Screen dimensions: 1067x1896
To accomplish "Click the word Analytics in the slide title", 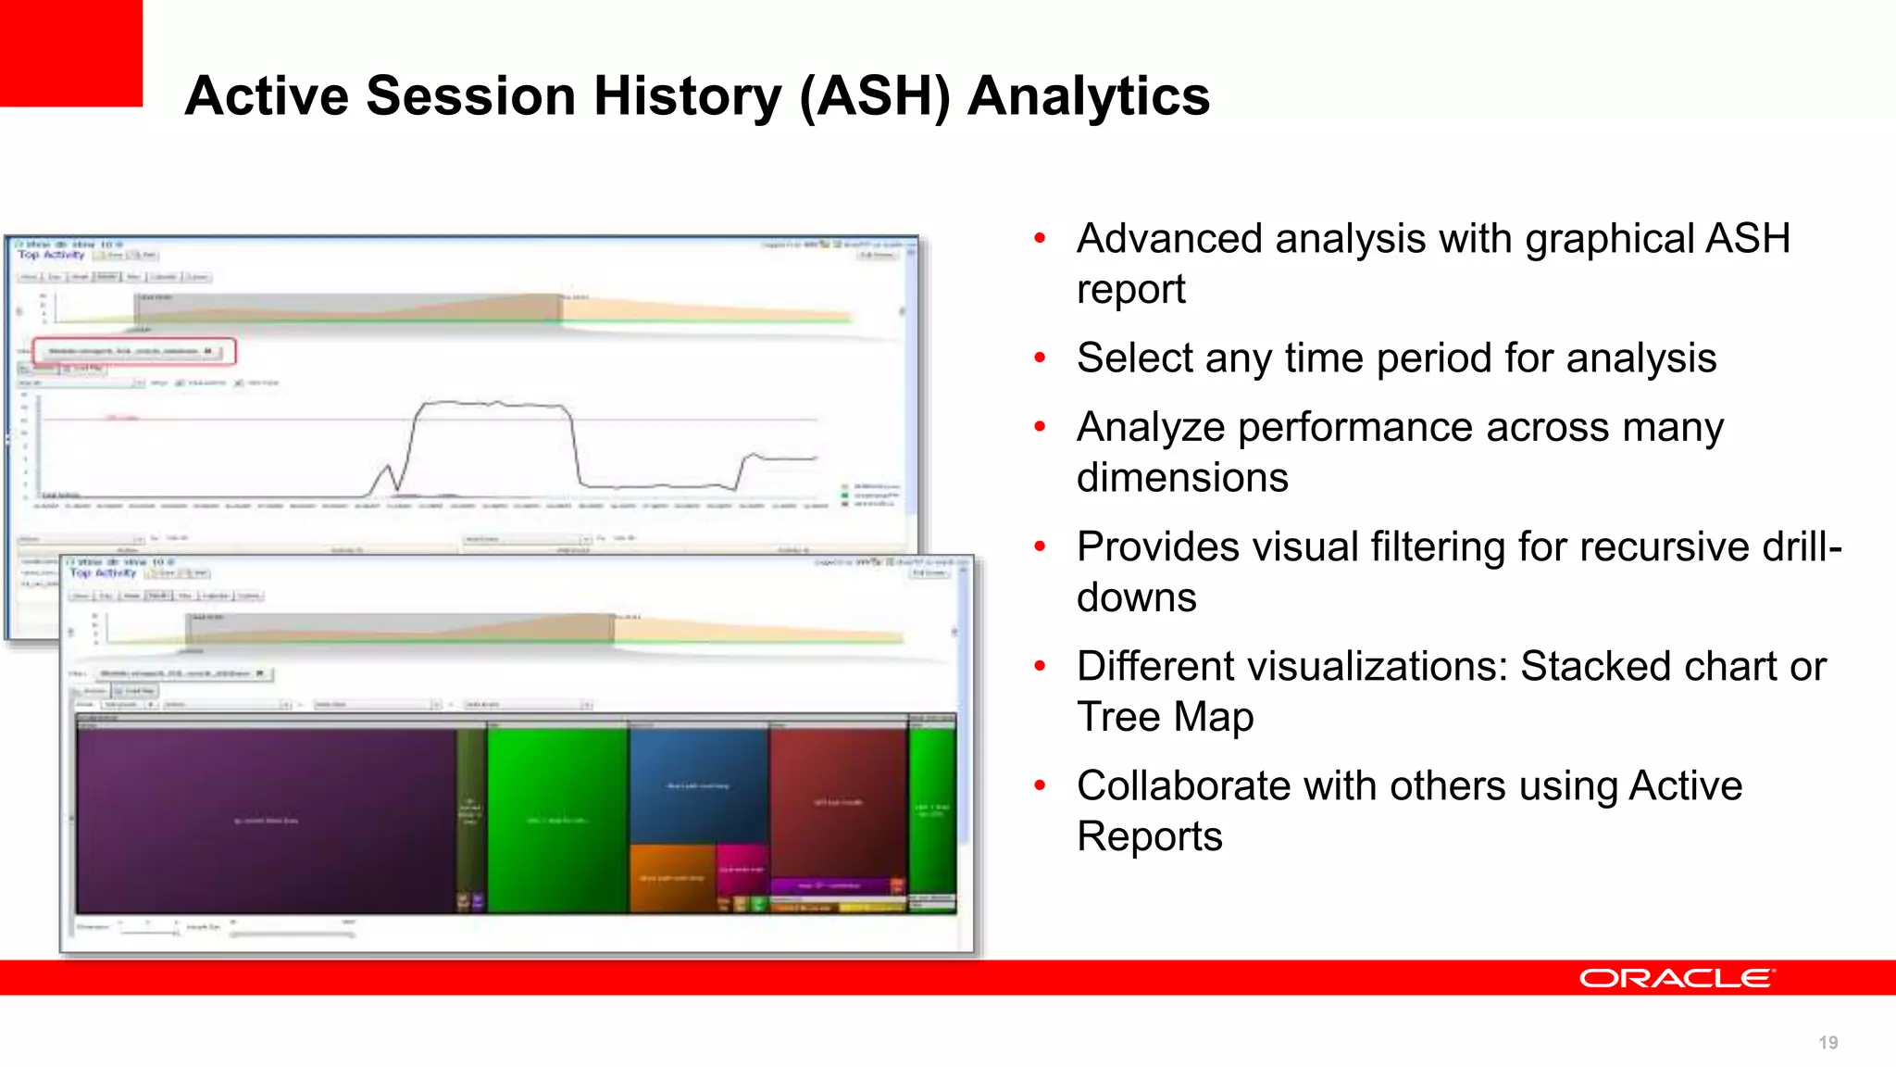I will coord(1088,96).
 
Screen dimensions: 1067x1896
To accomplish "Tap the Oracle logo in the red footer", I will coord(1676,978).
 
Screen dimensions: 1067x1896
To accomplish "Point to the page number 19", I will coord(1827,1043).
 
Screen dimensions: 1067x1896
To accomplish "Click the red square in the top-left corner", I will coord(70,52).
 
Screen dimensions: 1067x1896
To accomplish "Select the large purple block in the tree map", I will coord(267,820).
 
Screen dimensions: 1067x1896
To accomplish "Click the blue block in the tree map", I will coord(698,785).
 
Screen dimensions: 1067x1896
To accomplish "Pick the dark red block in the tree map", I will coord(838,801).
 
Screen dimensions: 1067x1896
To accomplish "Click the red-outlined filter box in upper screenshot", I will coord(135,351).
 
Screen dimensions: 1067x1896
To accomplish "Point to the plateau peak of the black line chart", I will coord(491,404).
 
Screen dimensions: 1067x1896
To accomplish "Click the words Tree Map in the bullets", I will coord(1165,718).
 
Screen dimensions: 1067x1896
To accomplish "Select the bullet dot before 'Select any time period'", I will coord(1040,358).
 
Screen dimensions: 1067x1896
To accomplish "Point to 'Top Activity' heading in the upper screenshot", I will coord(51,255).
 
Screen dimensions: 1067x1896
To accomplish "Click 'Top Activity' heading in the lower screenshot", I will coord(103,573).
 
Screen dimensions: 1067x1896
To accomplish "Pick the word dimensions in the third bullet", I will coord(1181,479).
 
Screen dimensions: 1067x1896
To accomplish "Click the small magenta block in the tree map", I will coord(741,869).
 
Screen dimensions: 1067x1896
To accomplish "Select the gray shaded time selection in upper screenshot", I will coord(348,308).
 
